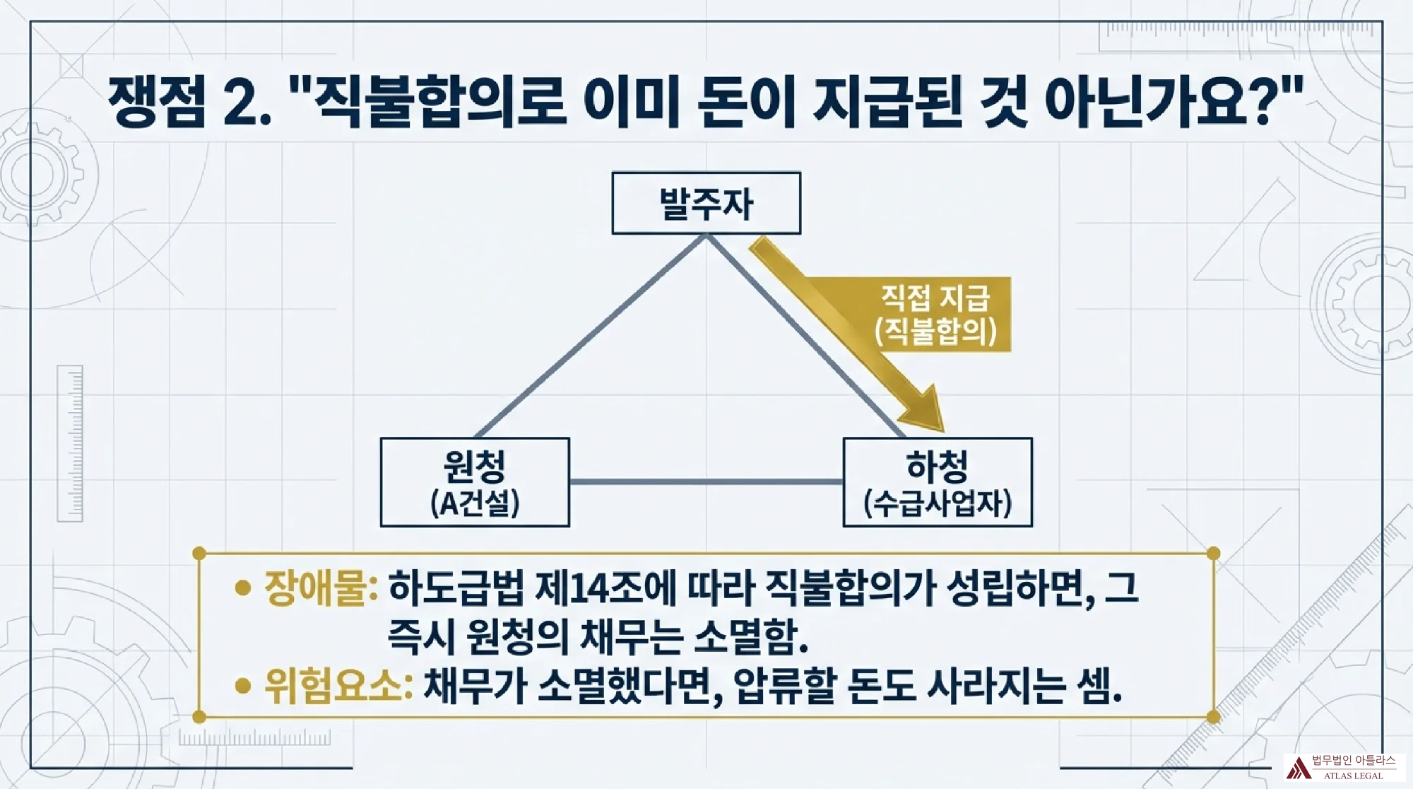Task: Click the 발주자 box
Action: (706, 203)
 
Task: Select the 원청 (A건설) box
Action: (475, 482)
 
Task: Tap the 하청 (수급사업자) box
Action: (938, 482)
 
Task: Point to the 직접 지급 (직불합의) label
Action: (935, 314)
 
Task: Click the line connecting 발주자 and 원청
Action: (591, 337)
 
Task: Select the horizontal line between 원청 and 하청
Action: (706, 482)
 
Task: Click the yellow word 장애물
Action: (321, 588)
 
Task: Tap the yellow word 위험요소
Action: (338, 684)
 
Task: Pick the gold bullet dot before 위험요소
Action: (243, 685)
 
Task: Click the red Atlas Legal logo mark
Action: (1298, 768)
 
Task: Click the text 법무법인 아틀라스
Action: (1354, 761)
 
